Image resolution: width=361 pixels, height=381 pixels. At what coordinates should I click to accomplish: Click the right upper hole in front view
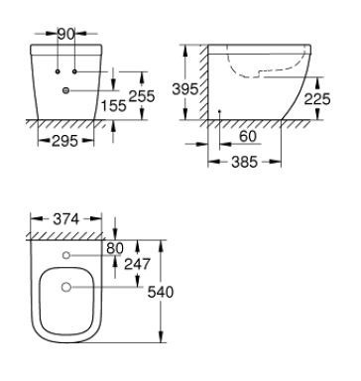click(73, 73)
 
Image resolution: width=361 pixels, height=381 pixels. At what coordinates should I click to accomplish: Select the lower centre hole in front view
click(66, 91)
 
